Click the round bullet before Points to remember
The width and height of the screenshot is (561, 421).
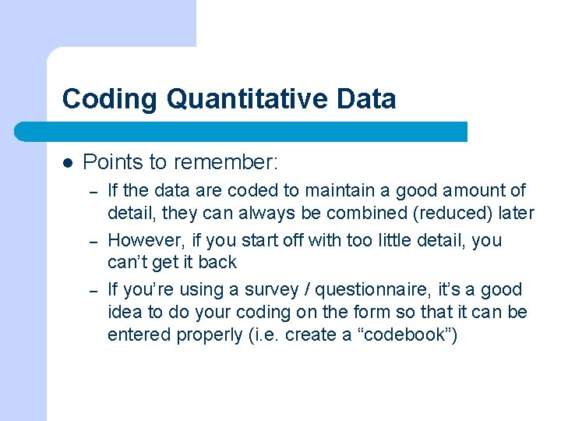68,163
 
